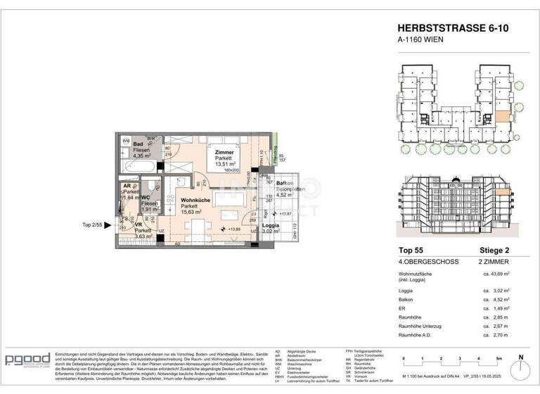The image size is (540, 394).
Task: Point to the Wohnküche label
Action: [190, 199]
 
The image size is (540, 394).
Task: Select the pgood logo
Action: [27, 360]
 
